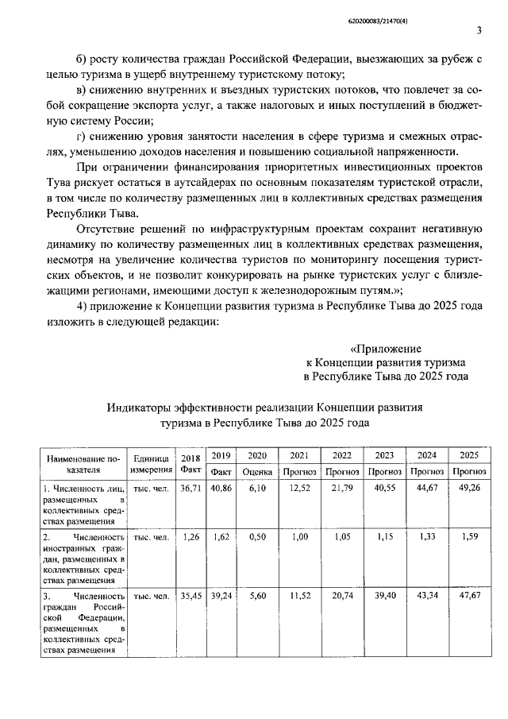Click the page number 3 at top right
pos(479,31)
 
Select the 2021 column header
pos(299,455)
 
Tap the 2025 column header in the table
pos(469,455)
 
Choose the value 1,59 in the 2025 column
pos(468,537)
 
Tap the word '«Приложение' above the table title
pos(387,348)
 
